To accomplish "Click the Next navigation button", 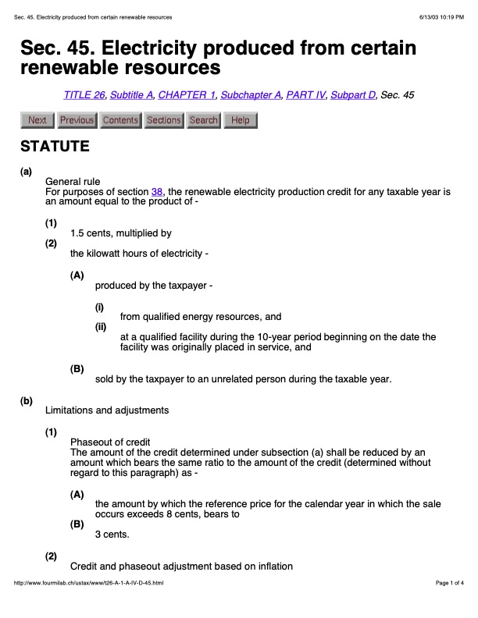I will point(37,120).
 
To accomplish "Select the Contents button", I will point(120,120).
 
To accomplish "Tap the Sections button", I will point(164,120).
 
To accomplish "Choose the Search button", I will point(204,120).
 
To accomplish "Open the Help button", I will point(241,120).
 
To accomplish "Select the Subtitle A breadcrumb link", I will point(131,95).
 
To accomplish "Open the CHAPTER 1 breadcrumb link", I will point(186,95).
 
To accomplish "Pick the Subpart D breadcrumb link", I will point(353,95).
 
